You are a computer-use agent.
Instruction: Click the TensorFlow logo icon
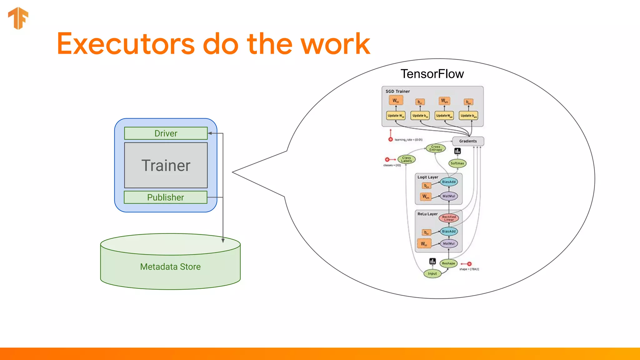click(x=18, y=18)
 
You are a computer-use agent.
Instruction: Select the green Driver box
click(x=166, y=133)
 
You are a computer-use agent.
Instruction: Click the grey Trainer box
click(x=166, y=165)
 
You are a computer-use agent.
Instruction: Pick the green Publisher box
click(x=165, y=197)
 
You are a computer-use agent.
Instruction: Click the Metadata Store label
click(x=170, y=267)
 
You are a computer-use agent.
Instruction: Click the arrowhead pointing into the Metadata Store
click(x=223, y=241)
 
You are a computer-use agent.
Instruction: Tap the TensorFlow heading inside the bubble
click(x=432, y=74)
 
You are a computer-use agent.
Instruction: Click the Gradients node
click(x=468, y=141)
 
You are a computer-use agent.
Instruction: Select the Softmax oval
click(x=457, y=163)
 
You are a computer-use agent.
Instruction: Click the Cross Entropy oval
click(x=436, y=148)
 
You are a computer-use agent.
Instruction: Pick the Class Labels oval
click(x=406, y=159)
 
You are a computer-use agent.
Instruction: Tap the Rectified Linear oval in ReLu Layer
click(x=449, y=218)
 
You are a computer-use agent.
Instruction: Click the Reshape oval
click(x=448, y=263)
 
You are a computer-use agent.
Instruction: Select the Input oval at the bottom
click(x=432, y=273)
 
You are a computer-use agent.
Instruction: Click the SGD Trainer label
click(x=397, y=91)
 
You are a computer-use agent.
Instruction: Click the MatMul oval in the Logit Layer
click(x=449, y=196)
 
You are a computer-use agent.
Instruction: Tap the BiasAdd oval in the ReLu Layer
click(x=449, y=232)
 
